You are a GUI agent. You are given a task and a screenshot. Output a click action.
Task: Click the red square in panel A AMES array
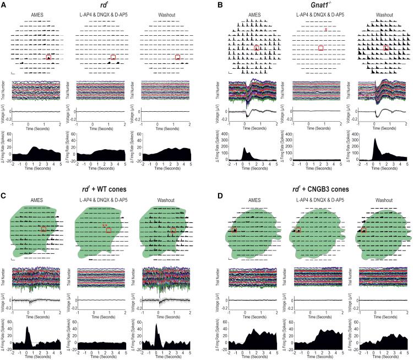[48, 57]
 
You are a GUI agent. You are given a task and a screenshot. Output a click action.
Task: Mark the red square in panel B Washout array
[386, 48]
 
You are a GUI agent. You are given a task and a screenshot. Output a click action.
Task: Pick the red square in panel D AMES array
[234, 230]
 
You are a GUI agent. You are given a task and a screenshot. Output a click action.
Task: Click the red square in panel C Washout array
[173, 230]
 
